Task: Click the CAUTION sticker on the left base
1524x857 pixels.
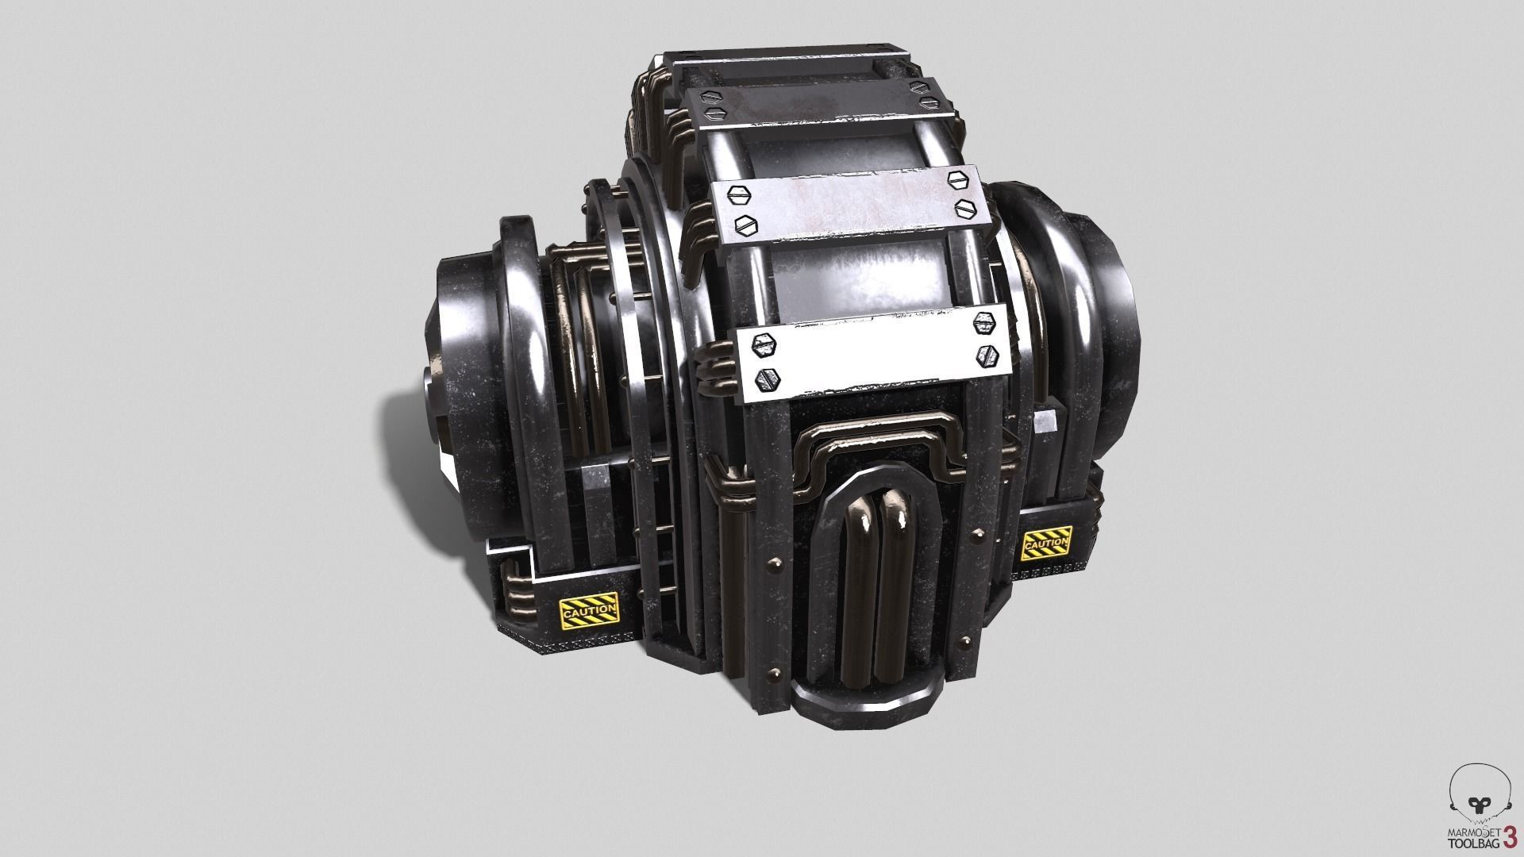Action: (x=589, y=612)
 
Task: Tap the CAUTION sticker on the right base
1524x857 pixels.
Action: (x=1047, y=544)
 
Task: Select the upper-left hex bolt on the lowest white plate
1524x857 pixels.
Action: (x=764, y=344)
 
